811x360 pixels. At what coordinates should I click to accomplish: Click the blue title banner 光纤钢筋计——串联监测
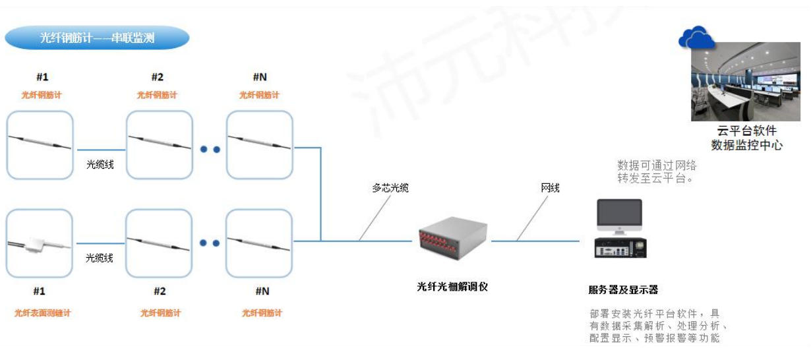(x=97, y=38)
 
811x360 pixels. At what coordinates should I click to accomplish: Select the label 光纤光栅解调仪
(x=452, y=287)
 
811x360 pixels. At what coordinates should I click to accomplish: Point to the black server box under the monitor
(x=619, y=247)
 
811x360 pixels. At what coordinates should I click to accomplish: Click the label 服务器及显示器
(x=622, y=290)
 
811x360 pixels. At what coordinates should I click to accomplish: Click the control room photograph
(x=745, y=82)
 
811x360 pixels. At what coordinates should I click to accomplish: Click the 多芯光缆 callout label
(x=390, y=188)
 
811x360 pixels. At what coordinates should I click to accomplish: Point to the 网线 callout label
(x=550, y=188)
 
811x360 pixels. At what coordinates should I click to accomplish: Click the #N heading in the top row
(x=260, y=77)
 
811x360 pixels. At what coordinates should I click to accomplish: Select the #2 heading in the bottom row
(x=160, y=291)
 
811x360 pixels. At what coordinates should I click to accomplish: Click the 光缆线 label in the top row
(x=100, y=164)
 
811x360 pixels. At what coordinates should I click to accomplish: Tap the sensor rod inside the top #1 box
(x=40, y=142)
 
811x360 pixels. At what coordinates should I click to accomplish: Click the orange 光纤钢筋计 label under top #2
(x=157, y=95)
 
